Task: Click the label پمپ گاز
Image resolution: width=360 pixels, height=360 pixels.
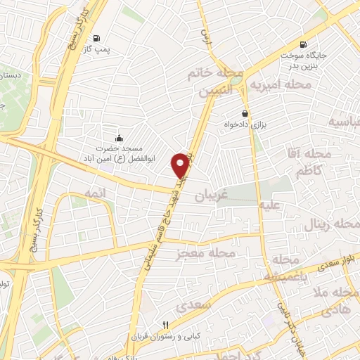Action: click(x=103, y=51)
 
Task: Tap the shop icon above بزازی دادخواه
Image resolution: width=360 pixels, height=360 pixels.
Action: click(x=244, y=113)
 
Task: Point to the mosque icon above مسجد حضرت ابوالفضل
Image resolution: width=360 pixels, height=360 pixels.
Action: click(x=118, y=138)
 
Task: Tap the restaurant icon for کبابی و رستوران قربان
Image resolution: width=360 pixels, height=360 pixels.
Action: click(x=166, y=325)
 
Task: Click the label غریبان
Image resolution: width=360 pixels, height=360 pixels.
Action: click(x=209, y=193)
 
